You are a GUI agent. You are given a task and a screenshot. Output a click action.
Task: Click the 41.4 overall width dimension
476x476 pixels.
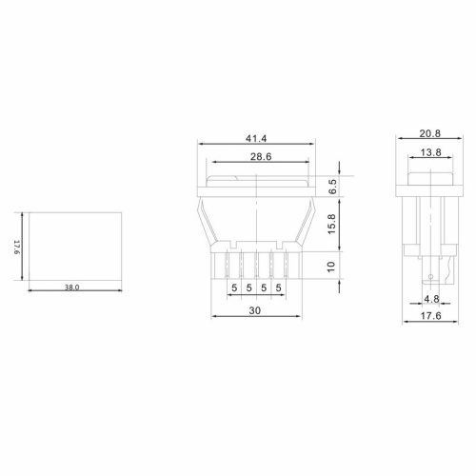click(254, 139)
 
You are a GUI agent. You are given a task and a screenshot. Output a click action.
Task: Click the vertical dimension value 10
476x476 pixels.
click(331, 267)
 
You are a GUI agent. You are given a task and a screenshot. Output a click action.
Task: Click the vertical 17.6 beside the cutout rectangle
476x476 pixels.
click(17, 248)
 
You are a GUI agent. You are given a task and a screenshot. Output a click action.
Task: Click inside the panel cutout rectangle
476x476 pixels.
click(76, 246)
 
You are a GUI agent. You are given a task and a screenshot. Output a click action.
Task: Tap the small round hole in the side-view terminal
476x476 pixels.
click(432, 278)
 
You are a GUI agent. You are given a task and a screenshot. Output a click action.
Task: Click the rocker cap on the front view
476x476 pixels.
click(254, 179)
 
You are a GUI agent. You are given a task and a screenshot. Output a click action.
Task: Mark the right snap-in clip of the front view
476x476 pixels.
click(307, 224)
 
